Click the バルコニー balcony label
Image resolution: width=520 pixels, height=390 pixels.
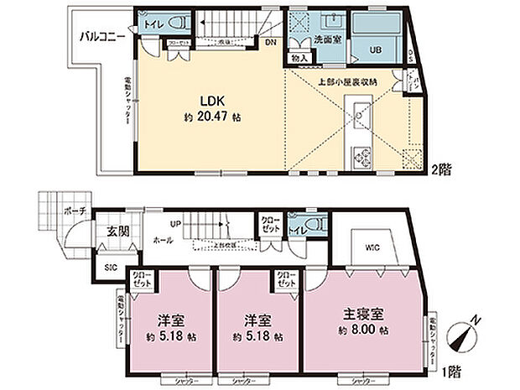(x=102, y=37)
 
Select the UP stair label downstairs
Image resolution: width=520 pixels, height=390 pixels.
(x=174, y=225)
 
